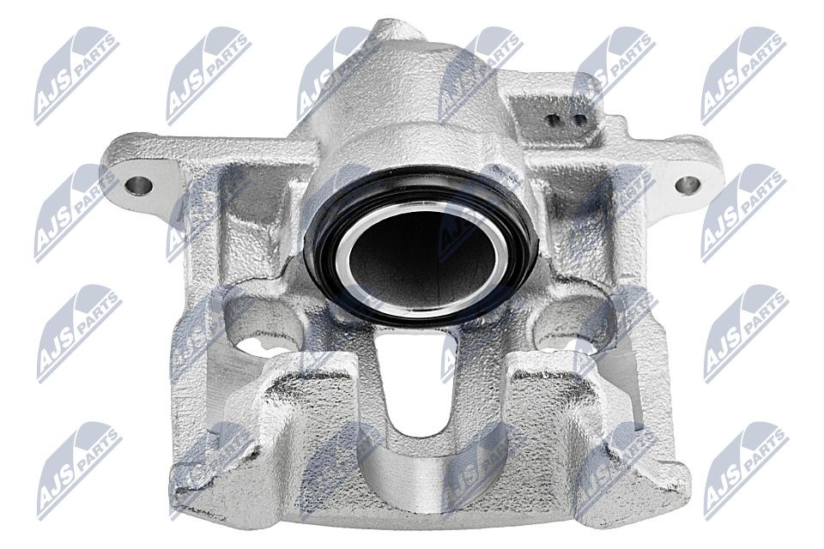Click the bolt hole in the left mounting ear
(139, 185)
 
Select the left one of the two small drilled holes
(554, 120)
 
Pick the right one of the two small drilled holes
(579, 120)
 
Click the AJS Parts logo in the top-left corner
(76, 75)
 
